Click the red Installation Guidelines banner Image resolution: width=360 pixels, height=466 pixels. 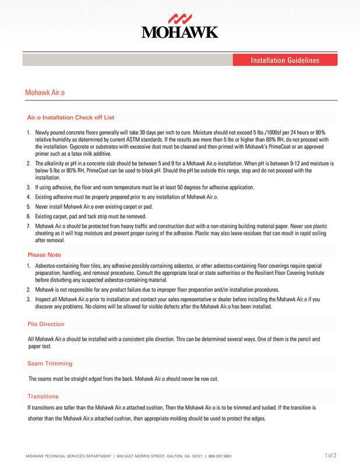click(x=284, y=61)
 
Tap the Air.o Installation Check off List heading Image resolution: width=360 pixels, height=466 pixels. click(x=70, y=117)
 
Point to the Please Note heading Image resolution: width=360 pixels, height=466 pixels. click(x=45, y=255)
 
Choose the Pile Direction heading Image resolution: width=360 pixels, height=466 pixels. click(x=46, y=323)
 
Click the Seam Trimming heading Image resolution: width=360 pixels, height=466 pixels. click(x=50, y=363)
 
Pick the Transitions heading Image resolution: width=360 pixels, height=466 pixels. click(x=43, y=396)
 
